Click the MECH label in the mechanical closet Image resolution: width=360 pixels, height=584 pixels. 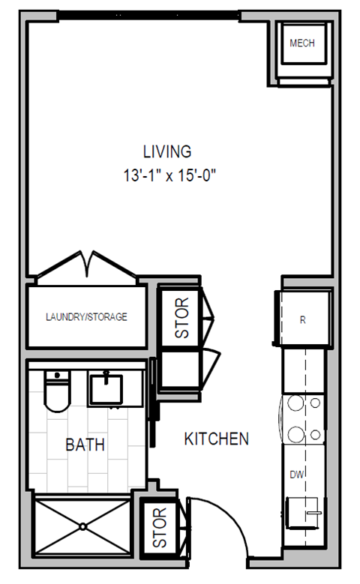point(302,43)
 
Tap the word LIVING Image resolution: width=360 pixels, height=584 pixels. point(167,151)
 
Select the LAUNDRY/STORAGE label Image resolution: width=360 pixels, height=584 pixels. point(86,316)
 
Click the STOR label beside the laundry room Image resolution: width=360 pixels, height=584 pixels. point(181,318)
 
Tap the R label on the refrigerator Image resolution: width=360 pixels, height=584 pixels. point(302,319)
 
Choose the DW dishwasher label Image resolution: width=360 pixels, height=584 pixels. point(296,474)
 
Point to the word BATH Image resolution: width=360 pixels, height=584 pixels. point(85,445)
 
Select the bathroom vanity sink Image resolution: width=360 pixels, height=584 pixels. point(106,388)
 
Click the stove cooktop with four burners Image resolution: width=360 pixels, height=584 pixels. point(304,419)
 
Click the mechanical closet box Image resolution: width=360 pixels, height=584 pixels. point(302,49)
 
